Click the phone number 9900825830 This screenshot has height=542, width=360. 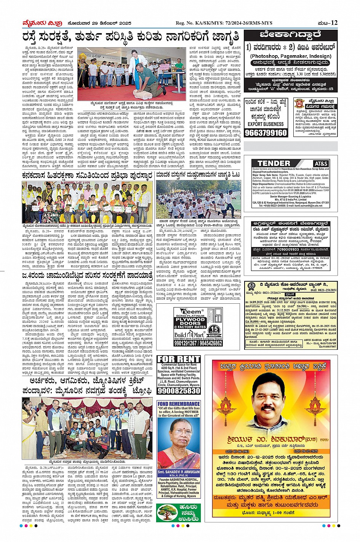coord(179,391)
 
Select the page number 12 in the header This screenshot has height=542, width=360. coord(334,23)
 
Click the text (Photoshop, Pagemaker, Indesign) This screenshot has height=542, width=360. coord(291,56)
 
